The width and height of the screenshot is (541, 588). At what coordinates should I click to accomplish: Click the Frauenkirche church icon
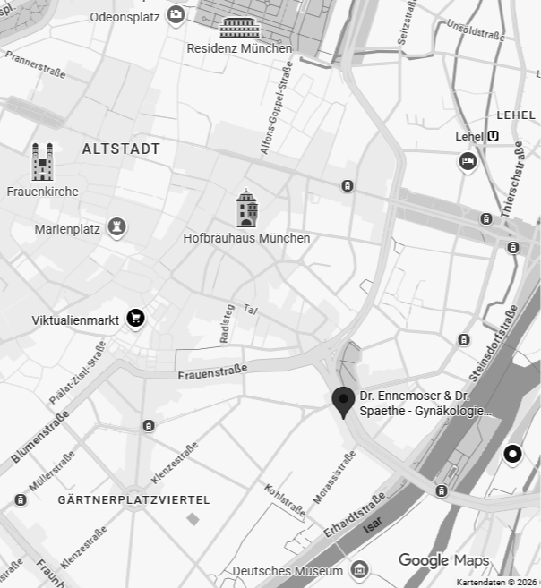42,162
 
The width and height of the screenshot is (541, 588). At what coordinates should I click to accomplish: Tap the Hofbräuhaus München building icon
247,209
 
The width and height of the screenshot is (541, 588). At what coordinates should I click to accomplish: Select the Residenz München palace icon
239,26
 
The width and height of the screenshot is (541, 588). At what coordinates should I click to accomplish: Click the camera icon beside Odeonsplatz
176,14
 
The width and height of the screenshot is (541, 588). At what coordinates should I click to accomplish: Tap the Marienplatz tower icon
116,227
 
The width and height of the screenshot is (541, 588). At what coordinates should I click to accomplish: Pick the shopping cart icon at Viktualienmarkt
135,318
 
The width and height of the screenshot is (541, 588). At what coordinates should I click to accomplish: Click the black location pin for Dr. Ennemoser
342,402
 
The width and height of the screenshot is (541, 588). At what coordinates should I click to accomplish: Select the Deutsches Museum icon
359,569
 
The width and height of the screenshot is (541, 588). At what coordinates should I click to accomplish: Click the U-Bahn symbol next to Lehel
494,136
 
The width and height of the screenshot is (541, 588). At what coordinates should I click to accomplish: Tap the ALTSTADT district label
121,149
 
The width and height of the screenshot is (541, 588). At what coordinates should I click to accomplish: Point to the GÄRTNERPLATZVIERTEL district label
133,499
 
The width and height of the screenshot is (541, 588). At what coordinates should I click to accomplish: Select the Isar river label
373,529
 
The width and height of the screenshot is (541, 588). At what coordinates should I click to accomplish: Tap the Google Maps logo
443,560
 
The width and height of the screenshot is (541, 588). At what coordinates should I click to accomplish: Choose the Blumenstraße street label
40,438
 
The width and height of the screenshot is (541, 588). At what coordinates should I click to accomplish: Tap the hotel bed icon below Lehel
468,161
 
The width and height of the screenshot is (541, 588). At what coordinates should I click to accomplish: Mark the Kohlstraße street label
284,500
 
